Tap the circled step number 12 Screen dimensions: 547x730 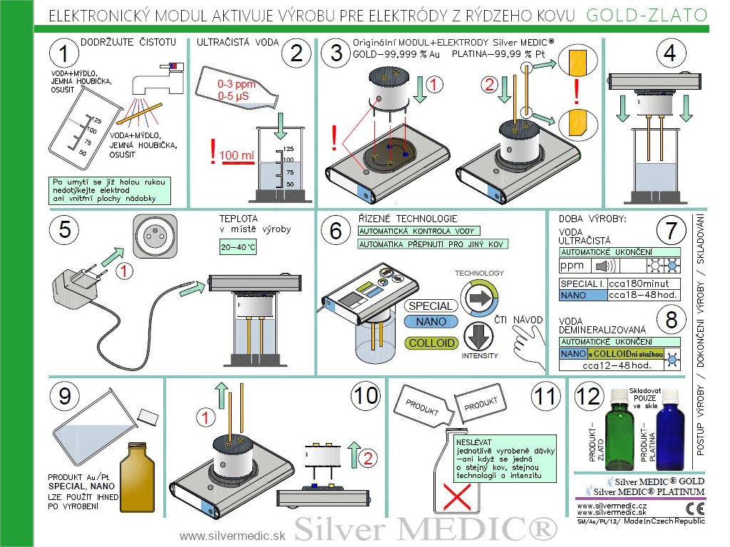click(588, 397)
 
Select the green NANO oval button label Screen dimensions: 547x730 click(431, 321)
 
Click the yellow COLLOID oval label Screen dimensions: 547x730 click(431, 343)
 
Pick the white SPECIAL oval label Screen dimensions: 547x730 click(431, 306)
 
